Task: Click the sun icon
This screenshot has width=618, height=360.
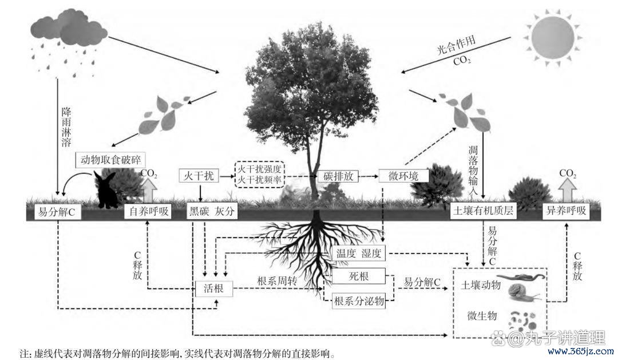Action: pos(552,37)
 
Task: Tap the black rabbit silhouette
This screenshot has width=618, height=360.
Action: pos(106,189)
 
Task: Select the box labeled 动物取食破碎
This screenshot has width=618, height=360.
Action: pos(110,160)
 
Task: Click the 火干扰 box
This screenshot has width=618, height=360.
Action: pos(199,176)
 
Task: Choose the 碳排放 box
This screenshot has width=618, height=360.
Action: pos(338,176)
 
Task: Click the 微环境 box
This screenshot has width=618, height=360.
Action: pos(403,176)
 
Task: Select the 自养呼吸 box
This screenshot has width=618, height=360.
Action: pos(149,211)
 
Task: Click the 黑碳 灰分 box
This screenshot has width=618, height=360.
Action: pos(212,211)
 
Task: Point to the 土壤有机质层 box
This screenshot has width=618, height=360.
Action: pos(484,211)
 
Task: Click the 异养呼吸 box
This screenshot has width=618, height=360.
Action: pos(566,211)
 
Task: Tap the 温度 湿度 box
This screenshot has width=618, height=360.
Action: pos(359,253)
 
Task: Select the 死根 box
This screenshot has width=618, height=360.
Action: pos(359,276)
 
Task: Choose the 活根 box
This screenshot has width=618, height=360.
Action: pos(214,288)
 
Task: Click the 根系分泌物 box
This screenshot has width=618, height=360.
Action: pos(359,302)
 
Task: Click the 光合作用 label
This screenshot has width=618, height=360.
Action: pos(456,45)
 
